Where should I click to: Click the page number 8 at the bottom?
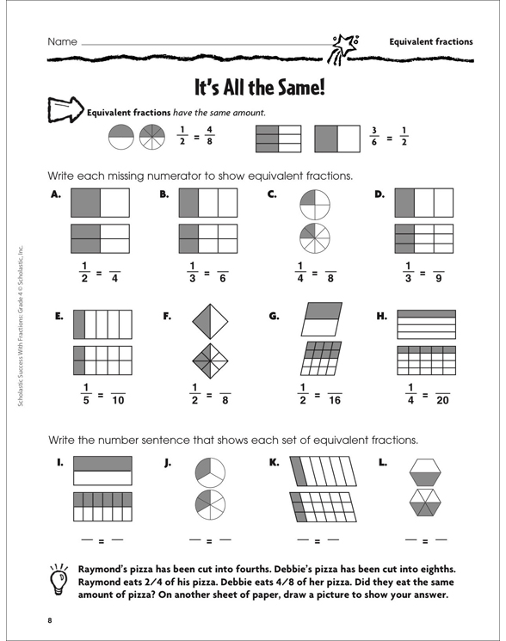tap(50, 620)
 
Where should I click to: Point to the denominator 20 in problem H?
tap(442, 401)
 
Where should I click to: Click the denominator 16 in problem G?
tap(335, 401)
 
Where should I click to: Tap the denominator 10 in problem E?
tap(118, 401)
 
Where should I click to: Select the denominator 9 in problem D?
tap(439, 279)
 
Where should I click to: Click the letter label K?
tap(274, 462)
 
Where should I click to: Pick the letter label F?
tap(167, 316)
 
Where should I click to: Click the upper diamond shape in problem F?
tap(210, 321)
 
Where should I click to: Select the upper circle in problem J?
tap(210, 472)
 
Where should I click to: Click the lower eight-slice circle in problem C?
tap(315, 238)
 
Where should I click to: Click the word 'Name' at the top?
tap(62, 41)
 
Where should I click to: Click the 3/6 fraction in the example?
tap(374, 137)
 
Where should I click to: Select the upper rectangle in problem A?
tap(100, 203)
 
